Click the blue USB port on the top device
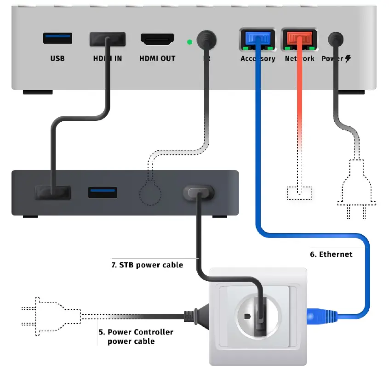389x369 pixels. point(57,39)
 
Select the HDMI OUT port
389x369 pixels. point(157,40)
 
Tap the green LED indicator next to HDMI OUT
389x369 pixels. point(189,42)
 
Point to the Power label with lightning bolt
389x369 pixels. point(336,59)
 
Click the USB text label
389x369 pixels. point(57,59)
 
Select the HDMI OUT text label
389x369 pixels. point(157,59)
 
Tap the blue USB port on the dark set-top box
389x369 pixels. point(103,192)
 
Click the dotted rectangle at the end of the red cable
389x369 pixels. point(300,193)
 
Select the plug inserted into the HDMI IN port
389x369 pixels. point(108,39)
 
